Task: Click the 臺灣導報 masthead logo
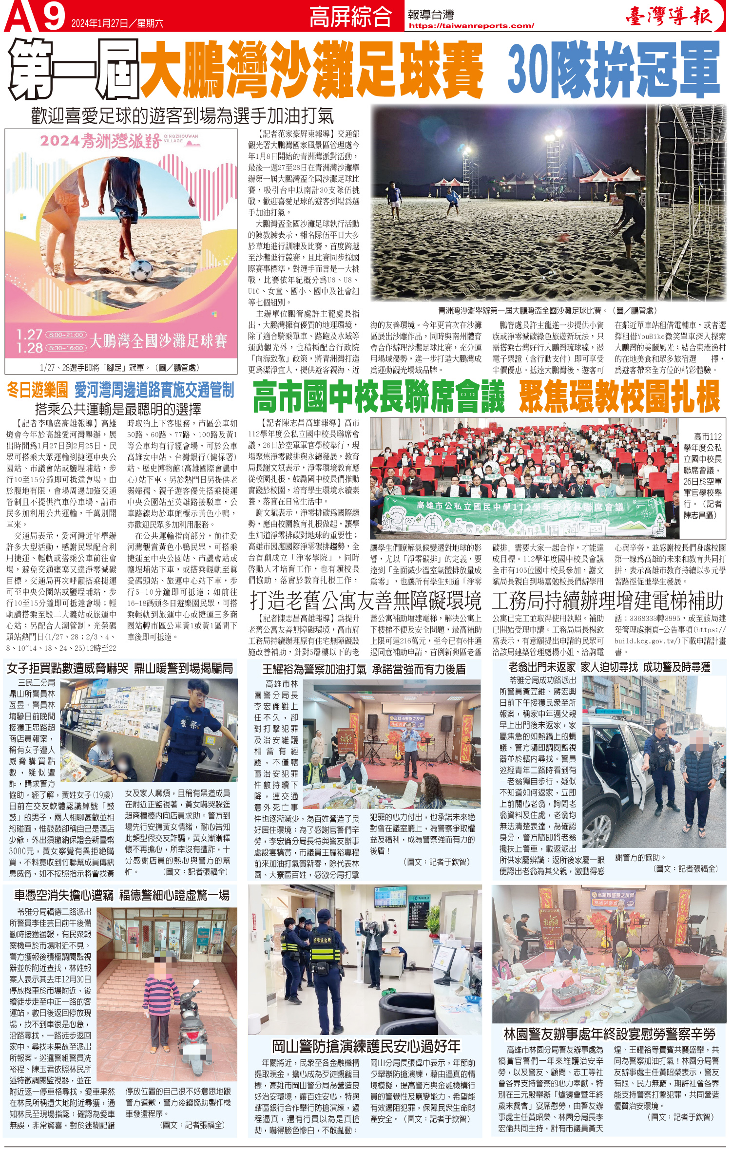tap(669, 16)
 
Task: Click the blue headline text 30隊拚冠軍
tap(613, 70)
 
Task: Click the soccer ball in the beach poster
tap(141, 269)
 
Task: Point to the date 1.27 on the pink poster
tap(29, 335)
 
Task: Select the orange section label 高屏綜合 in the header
tap(350, 17)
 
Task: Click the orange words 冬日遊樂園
tap(38, 390)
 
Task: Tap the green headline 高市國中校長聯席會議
tap(379, 397)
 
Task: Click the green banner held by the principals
tap(521, 516)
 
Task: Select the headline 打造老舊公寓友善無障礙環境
tap(365, 601)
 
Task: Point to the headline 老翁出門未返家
tap(542, 667)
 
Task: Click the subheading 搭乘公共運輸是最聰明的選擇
tap(118, 408)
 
